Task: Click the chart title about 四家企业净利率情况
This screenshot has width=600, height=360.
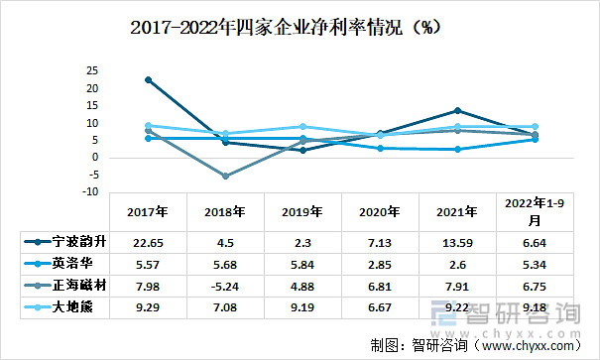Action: (x=287, y=28)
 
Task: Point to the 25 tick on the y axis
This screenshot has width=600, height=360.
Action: (x=91, y=71)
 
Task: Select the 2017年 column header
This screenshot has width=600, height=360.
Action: (x=149, y=211)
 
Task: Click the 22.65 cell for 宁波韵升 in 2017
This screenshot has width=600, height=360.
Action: (x=149, y=242)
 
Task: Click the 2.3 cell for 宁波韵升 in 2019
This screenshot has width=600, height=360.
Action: (x=302, y=242)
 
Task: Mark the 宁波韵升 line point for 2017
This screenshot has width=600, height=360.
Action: (x=149, y=79)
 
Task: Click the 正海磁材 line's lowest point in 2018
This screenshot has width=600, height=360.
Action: (x=226, y=176)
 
